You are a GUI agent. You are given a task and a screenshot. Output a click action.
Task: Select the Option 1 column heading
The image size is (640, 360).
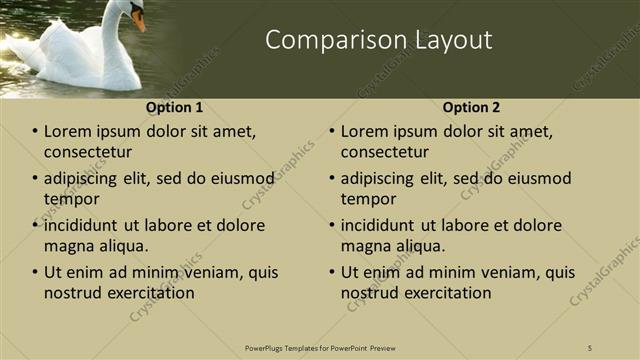(174, 107)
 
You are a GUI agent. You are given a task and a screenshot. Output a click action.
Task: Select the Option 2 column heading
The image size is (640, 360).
(472, 107)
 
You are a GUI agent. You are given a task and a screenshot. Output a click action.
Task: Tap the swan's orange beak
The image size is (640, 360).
(138, 21)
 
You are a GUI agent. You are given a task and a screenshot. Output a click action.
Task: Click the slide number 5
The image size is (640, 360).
(590, 347)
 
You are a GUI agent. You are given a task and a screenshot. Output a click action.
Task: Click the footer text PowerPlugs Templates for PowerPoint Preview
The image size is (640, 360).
(320, 347)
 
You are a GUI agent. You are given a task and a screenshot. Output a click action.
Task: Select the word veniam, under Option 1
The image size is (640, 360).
(214, 272)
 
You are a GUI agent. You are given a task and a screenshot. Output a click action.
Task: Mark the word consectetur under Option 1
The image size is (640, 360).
(88, 152)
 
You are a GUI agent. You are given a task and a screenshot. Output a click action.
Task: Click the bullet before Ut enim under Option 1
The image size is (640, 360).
(35, 272)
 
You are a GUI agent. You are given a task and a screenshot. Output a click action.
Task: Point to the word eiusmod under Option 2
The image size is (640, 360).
(536, 178)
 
